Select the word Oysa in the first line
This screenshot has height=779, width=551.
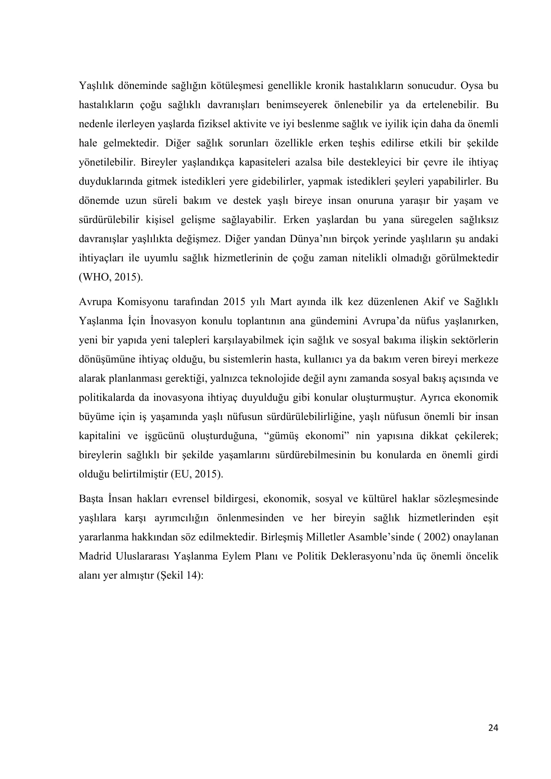472,86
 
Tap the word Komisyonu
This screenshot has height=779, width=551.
143,302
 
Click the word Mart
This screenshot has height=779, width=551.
281,302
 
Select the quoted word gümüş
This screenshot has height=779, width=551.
281,436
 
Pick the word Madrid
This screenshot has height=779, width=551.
95,556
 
